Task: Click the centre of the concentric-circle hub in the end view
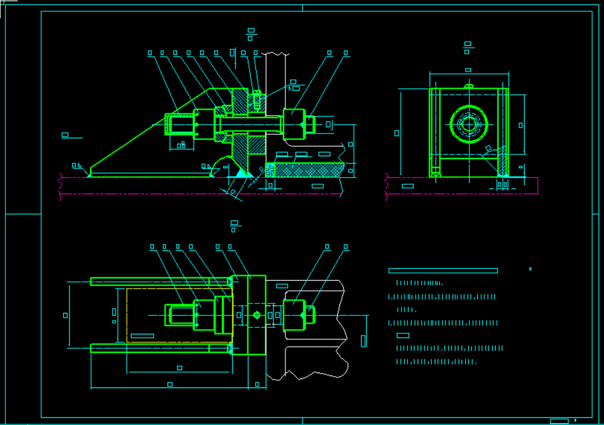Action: [469, 125]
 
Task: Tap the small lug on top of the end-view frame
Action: [468, 86]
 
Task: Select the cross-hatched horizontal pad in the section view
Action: [304, 170]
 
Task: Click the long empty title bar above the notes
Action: [443, 271]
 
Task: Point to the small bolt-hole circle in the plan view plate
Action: [257, 315]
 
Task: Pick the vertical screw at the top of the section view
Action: [257, 100]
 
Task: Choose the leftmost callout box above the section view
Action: [150, 53]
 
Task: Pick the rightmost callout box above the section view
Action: [345, 53]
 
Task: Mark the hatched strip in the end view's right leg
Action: [502, 161]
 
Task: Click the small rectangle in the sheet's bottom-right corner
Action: [559, 421]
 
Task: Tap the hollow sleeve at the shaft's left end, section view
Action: [179, 125]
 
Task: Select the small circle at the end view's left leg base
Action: [435, 173]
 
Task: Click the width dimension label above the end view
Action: [468, 70]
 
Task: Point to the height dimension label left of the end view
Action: [397, 134]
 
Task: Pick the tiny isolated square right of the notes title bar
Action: [530, 269]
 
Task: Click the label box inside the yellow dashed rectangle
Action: [142, 336]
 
